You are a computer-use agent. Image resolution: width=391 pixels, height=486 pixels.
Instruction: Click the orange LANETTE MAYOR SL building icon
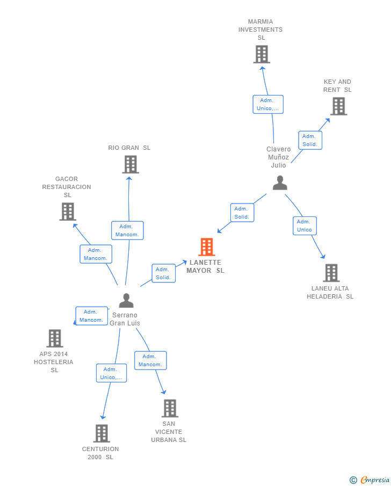206,247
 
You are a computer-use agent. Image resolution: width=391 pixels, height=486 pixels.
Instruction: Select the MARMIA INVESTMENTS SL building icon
262,54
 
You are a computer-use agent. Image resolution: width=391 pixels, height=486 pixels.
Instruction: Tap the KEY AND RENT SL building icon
338,106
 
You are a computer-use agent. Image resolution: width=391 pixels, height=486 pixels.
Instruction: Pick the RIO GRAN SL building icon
131,164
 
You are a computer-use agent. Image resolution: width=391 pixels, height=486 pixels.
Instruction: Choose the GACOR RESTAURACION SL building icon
67,212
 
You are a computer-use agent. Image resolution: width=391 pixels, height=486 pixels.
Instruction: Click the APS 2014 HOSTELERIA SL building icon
55,338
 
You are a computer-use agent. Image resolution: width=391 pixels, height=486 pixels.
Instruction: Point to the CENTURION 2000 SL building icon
102,433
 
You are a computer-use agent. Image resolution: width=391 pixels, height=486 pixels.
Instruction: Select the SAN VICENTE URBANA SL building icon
170,408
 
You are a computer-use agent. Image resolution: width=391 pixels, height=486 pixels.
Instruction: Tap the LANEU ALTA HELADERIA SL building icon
331,273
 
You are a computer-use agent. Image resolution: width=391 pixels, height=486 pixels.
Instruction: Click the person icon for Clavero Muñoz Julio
280,183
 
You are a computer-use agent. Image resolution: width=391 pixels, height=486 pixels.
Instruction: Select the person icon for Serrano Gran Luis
126,300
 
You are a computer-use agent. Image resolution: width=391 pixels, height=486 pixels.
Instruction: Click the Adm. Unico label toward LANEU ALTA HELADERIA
305,226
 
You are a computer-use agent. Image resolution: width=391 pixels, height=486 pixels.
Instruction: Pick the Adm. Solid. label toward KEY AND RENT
310,140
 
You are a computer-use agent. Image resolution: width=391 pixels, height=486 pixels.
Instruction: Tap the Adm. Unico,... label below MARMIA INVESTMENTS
268,104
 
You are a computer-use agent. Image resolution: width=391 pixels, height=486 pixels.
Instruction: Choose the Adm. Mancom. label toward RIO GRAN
127,230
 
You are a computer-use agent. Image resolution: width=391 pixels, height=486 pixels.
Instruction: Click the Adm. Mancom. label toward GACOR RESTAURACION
96,254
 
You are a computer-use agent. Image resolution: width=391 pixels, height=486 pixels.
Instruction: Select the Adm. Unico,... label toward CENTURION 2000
111,373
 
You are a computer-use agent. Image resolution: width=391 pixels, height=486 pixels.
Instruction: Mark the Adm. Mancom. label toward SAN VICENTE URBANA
150,360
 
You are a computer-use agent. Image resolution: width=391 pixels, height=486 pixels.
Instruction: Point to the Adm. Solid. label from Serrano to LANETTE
163,273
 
